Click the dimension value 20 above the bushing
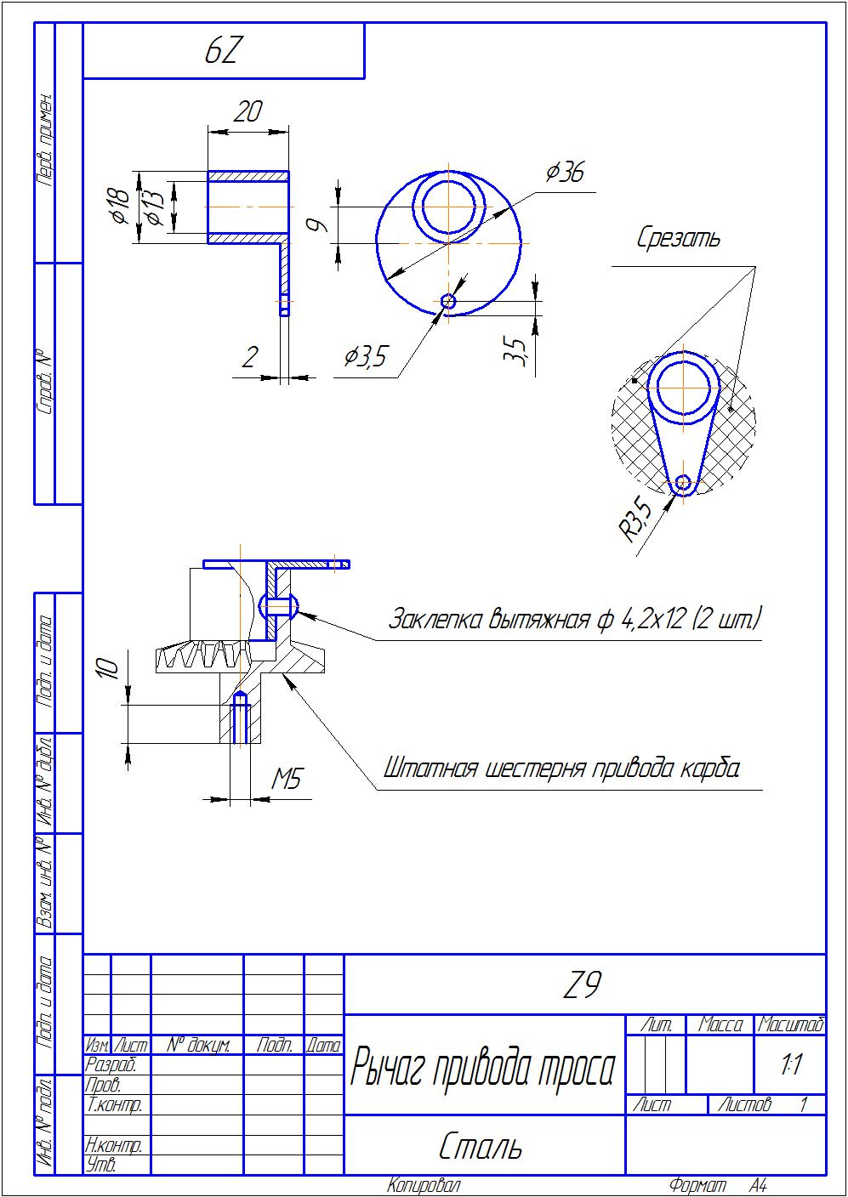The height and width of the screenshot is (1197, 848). [248, 112]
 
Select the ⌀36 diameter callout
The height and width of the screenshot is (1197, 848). [565, 173]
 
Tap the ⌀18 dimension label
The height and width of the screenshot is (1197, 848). [120, 207]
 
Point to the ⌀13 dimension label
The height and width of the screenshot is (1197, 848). [152, 207]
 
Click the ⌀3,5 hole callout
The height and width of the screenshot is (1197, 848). [365, 357]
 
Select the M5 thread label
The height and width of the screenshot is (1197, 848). [287, 779]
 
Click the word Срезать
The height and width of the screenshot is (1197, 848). [679, 239]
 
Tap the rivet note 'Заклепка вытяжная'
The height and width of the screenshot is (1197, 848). [574, 618]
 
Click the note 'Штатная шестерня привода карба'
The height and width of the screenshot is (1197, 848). [561, 769]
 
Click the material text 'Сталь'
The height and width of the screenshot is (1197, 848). [481, 1147]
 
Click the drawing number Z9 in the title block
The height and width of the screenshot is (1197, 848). [583, 985]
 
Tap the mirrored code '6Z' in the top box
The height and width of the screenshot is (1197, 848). [224, 52]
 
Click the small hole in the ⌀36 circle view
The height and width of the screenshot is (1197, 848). [448, 300]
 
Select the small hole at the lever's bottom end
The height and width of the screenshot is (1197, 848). [683, 484]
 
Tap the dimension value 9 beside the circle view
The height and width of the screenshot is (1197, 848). [316, 225]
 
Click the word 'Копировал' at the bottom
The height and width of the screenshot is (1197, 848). [423, 1185]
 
